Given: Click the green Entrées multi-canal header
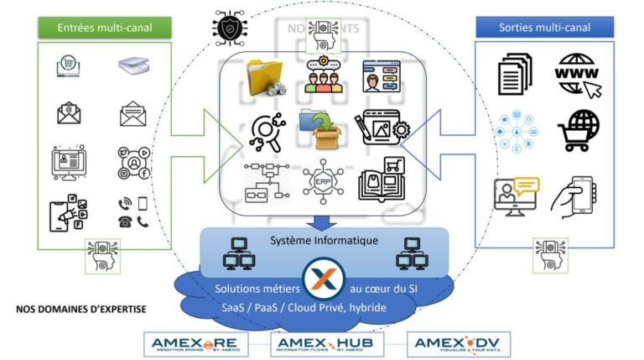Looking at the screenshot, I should pyautogui.click(x=104, y=27).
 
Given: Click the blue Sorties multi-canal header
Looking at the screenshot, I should pyautogui.click(x=544, y=27).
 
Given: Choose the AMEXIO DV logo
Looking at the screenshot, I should pyautogui.click(x=458, y=344).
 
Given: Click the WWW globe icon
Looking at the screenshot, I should pyautogui.click(x=579, y=74).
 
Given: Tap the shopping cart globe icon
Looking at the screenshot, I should pyautogui.click(x=578, y=130).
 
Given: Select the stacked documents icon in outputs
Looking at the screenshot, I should pyautogui.click(x=515, y=74).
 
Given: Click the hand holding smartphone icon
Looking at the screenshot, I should pyautogui.click(x=574, y=193).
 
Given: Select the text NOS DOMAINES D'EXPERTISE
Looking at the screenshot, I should pyautogui.click(x=81, y=310).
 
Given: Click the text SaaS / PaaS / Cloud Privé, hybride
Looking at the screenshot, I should pyautogui.click(x=304, y=308).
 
